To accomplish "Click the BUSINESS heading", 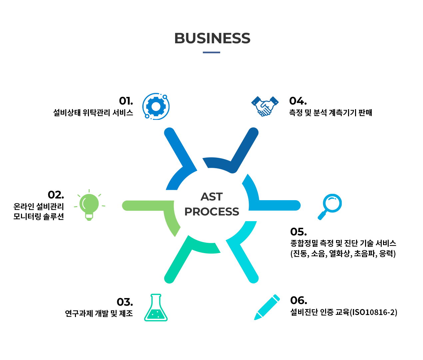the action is [212, 38].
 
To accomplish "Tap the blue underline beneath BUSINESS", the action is [211, 52].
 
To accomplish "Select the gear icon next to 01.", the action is [156, 107].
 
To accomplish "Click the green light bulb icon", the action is [89, 205].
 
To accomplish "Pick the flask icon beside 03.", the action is [156, 307].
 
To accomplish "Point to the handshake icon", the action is [265, 106].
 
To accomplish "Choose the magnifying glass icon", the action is [330, 207].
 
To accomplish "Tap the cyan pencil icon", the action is [267, 307].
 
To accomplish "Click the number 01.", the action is [126, 101].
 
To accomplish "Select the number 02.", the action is [56, 194].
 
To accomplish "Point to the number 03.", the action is [125, 302].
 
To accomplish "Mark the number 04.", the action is [298, 101].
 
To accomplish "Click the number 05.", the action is [298, 232].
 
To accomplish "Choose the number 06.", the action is [299, 300].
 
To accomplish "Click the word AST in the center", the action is [211, 197].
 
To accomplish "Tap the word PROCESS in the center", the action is [211, 211].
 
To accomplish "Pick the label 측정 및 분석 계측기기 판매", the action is [330, 113].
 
